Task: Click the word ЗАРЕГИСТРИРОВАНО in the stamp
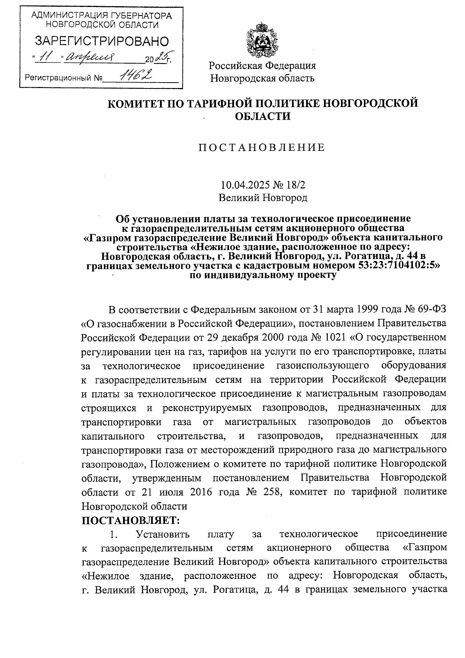tap(102, 41)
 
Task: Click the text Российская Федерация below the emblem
tap(262, 65)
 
